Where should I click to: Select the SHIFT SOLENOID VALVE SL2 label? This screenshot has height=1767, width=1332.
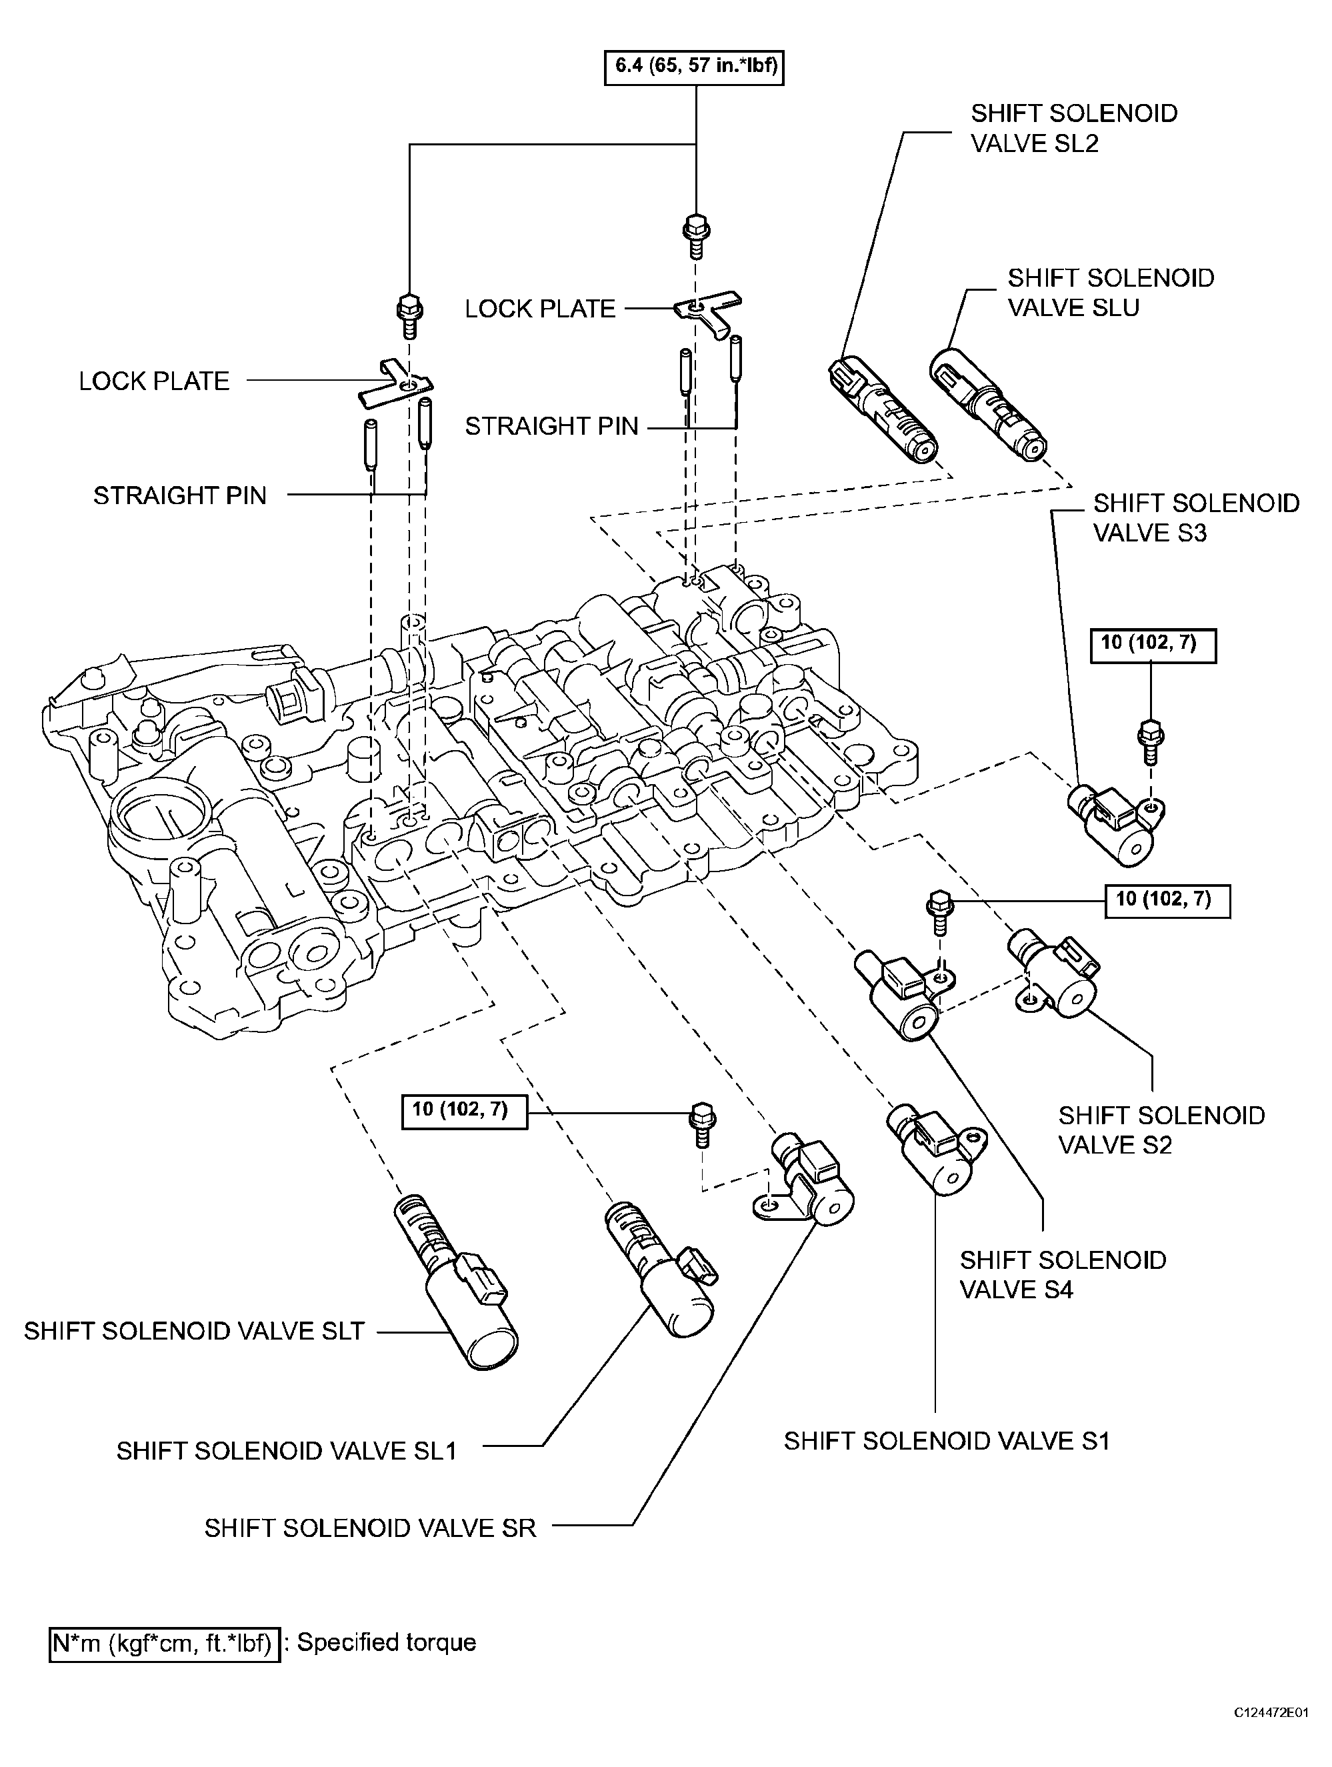[x=1074, y=128]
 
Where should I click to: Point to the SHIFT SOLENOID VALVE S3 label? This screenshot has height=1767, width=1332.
[x=1196, y=517]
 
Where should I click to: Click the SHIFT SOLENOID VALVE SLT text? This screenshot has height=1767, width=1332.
[x=194, y=1331]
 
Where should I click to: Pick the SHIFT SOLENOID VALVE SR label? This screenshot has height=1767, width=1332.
[x=371, y=1528]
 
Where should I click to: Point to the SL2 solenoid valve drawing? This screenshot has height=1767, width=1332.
[x=883, y=409]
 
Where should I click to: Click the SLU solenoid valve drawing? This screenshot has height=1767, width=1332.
[x=988, y=404]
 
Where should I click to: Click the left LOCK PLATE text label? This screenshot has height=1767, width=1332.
[x=154, y=381]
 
